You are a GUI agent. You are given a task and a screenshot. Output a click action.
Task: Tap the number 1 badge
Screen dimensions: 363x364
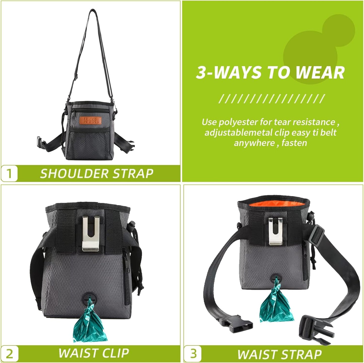click(x=9, y=173)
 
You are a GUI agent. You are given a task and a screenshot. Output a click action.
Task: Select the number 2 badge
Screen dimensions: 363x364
click(x=9, y=353)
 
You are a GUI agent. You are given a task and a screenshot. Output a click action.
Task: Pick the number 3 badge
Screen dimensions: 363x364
click(x=193, y=353)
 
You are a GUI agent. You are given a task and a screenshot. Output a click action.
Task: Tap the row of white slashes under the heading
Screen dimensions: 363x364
click(x=271, y=99)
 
